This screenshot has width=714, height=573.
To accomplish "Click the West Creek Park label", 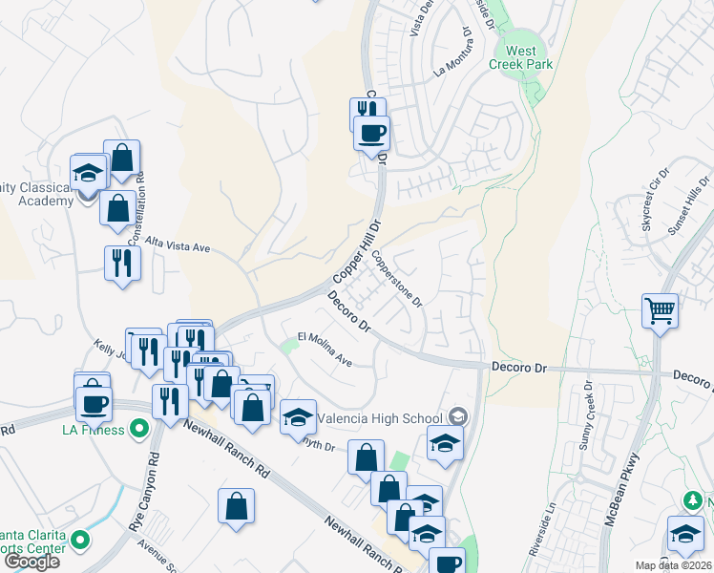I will click(529, 57).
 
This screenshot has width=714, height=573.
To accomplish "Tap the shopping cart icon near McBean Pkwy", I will click(661, 311).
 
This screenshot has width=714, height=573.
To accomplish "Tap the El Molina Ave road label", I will click(325, 350).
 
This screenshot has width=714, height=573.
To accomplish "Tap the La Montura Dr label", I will click(453, 57).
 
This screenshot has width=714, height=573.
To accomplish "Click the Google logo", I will click(32, 562).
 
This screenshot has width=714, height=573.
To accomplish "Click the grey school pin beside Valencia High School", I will click(459, 416).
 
